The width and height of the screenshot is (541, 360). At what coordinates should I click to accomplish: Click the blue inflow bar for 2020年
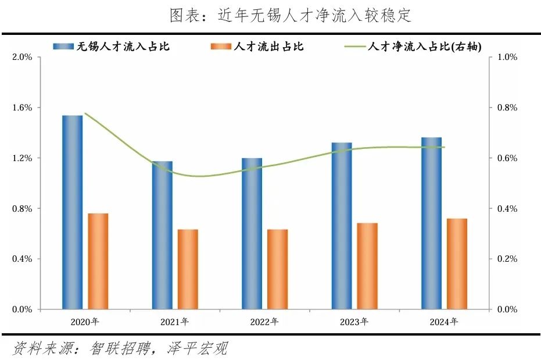pos(72,212)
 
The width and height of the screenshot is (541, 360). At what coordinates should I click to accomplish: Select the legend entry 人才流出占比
pos(268,46)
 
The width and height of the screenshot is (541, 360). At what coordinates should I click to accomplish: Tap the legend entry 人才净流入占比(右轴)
pos(424,46)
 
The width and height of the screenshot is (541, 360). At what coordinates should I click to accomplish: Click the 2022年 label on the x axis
pos(264,322)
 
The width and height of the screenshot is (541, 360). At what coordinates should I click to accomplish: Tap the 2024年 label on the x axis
pos(444,322)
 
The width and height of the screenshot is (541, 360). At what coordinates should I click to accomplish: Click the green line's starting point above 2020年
pos(85,113)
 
